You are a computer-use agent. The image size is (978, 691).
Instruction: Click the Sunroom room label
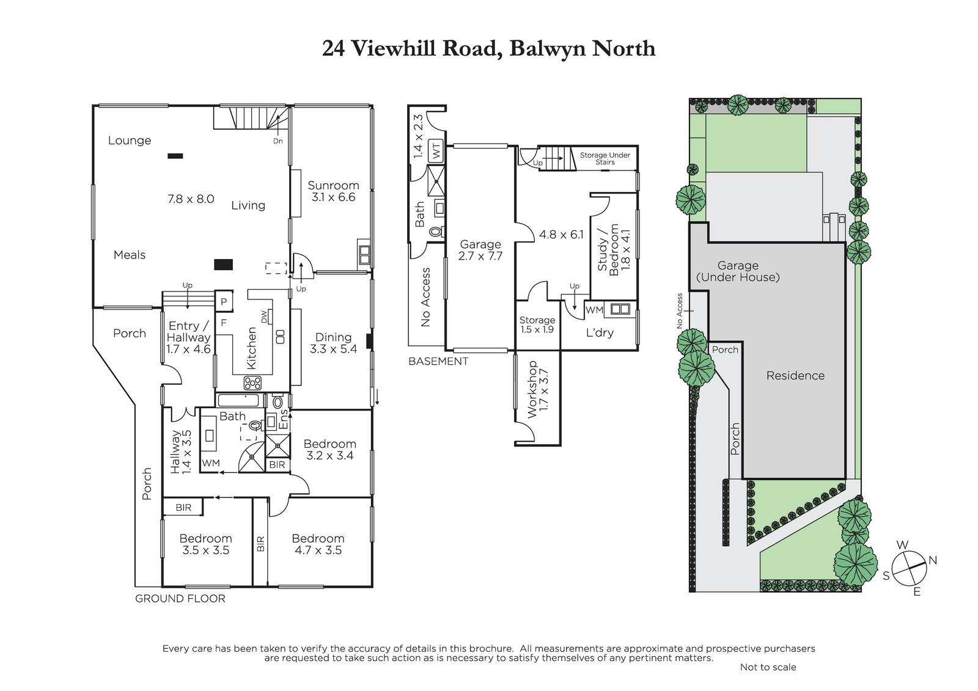333,186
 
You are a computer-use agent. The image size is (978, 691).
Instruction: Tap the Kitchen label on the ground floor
252,348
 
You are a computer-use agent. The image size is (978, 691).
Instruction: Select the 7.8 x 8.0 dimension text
191,199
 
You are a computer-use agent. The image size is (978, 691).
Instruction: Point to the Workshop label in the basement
532,389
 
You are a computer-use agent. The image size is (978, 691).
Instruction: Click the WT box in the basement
436,150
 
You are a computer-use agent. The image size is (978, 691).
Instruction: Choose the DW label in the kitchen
263,317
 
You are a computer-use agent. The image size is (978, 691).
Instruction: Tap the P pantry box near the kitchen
224,302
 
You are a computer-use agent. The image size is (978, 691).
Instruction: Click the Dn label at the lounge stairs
278,141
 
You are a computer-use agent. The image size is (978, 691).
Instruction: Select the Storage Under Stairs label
605,158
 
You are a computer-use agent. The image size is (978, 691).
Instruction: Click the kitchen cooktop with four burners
252,383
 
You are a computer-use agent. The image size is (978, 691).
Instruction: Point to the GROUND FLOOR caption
180,599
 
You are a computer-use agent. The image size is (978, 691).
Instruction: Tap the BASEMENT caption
438,362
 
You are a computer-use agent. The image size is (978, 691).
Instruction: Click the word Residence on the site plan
795,375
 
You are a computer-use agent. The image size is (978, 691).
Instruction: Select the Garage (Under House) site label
738,271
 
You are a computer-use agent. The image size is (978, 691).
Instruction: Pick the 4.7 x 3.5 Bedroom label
318,544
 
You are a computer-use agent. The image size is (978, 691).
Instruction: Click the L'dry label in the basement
600,332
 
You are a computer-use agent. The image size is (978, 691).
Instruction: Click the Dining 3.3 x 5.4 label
333,343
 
